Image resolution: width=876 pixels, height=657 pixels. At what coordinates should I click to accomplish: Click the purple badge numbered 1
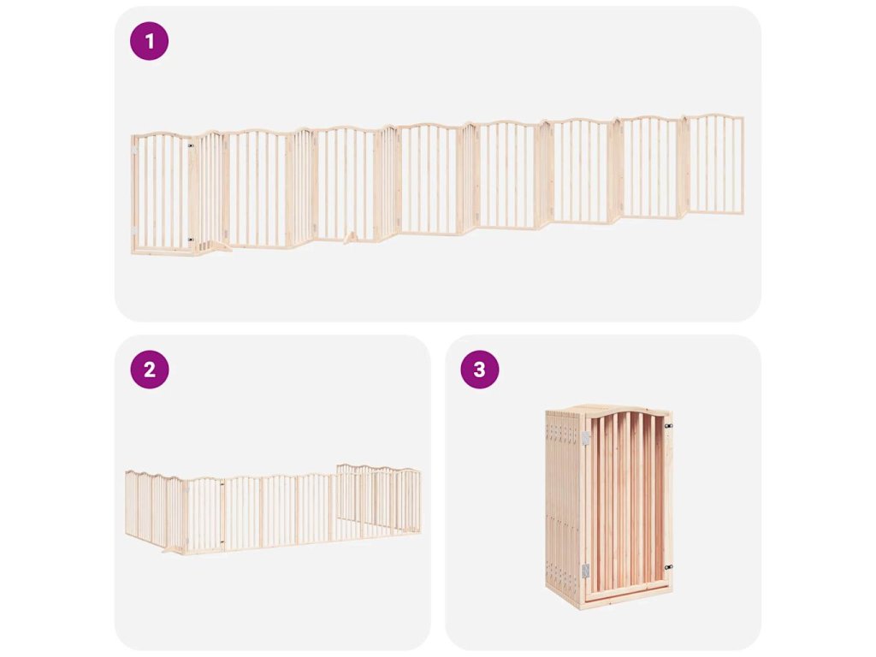pos(149,41)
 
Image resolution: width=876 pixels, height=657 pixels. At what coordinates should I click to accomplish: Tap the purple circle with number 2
pos(149,370)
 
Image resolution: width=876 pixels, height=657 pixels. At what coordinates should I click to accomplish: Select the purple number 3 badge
pos(480,370)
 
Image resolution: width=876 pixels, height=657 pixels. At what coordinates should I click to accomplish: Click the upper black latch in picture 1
pos(191,145)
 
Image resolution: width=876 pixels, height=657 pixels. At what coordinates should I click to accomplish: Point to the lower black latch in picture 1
pos(191,240)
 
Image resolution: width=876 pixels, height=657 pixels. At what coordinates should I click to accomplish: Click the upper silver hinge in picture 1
pos(134,151)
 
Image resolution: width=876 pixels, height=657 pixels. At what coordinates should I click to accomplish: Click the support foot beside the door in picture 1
pos(217,246)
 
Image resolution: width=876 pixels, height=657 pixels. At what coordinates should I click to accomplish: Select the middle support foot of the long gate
pos(350,238)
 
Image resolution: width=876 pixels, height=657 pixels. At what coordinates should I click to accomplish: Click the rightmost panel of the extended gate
pos(713,164)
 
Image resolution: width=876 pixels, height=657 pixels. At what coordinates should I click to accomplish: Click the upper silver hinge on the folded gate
pos(585,439)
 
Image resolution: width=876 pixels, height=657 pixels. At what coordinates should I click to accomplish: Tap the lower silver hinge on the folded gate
pos(585,571)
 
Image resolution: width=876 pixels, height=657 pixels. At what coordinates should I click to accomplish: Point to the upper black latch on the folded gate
pos(668,426)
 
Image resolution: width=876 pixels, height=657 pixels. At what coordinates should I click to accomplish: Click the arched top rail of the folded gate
pos(626,414)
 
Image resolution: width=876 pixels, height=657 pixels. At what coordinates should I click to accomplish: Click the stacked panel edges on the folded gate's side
pos(563,503)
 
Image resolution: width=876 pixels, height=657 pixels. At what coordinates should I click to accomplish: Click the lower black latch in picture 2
pos(222,541)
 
